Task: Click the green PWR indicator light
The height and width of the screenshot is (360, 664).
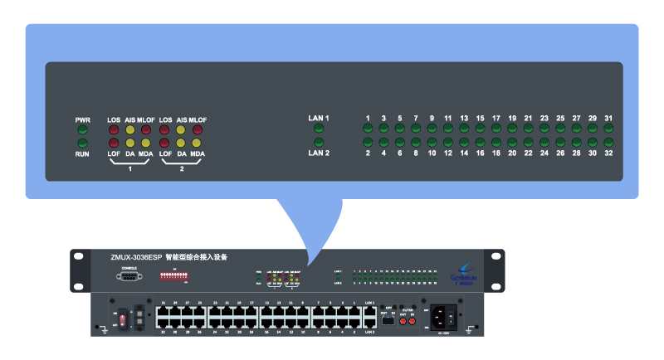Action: point(82,129)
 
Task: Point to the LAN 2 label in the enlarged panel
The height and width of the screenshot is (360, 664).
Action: point(319,153)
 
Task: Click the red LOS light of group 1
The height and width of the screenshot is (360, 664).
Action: point(114,130)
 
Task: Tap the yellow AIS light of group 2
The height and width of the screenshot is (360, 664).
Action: point(181,130)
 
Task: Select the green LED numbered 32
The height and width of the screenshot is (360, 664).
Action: point(608,144)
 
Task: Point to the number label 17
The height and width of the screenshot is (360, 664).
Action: point(496,118)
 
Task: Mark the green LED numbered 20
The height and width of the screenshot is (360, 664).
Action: point(512,144)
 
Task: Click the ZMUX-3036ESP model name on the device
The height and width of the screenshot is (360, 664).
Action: point(135,258)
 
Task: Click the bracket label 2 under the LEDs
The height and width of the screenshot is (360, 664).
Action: point(181,168)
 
